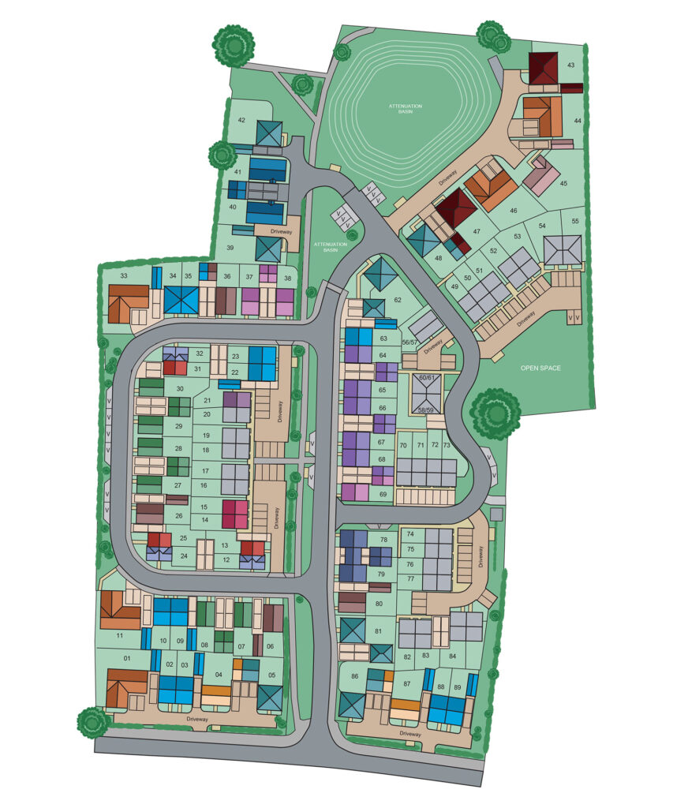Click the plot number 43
[x=570, y=65]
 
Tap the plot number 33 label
[x=124, y=275]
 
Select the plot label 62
[x=398, y=300]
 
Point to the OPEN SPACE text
[x=540, y=368]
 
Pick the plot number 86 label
[x=355, y=677]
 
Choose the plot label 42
[x=242, y=120]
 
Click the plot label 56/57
[x=409, y=342]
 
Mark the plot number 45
[x=563, y=183]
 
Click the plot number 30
[x=180, y=388]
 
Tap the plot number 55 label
[x=575, y=221]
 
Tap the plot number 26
[x=179, y=516]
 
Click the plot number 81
[x=379, y=631]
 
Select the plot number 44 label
[x=578, y=121]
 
